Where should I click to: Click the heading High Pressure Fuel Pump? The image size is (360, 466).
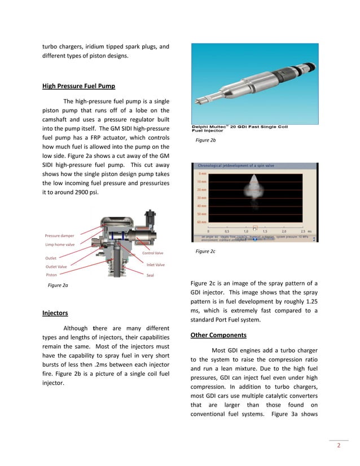point(78,86)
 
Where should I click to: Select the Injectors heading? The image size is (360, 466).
point(55,313)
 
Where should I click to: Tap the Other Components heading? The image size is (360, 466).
point(218,335)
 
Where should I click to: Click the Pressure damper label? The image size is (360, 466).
point(59,235)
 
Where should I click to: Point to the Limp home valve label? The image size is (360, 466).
point(60,245)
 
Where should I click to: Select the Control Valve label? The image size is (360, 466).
point(152,253)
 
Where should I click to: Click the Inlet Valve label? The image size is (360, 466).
point(155,265)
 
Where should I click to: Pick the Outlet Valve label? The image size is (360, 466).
point(56,267)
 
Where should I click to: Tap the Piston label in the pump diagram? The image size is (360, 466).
point(51,275)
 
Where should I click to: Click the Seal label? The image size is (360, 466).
point(150,275)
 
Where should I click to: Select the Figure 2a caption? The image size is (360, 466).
point(58,285)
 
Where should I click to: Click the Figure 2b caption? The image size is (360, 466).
point(205,140)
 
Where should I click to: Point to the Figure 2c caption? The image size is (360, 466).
point(205,251)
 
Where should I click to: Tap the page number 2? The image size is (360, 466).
point(339,446)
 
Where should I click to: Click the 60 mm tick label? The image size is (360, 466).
point(201,222)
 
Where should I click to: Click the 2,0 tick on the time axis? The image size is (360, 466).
point(284,231)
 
